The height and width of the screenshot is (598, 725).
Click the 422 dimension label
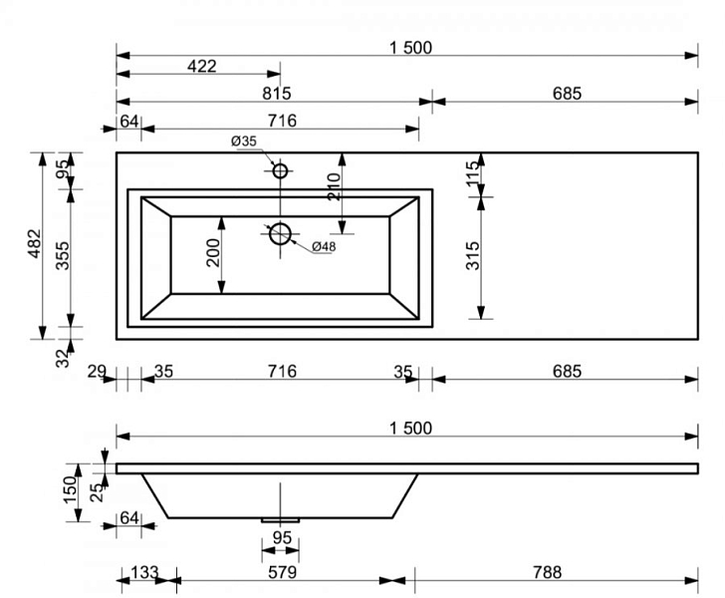[x=201, y=66]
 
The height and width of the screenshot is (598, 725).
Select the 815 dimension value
[x=277, y=94]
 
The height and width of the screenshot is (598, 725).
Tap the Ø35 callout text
[x=244, y=141]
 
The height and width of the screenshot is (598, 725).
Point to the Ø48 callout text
[x=324, y=247]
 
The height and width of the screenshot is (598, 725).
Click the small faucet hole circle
[x=280, y=171]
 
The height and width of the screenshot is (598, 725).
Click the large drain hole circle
[x=280, y=234]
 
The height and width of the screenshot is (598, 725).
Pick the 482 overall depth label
[x=35, y=243]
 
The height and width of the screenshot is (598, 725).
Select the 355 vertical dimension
[x=63, y=255]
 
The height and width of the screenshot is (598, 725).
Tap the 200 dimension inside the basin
[x=213, y=253]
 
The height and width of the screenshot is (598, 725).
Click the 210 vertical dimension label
[x=334, y=186]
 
